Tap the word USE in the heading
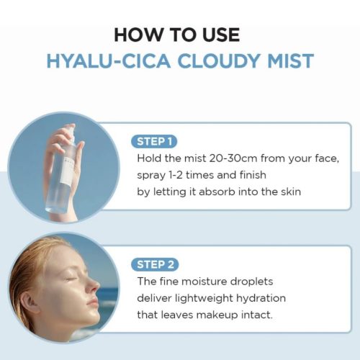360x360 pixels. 221,35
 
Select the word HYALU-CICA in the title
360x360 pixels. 109,60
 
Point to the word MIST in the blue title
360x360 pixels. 291,60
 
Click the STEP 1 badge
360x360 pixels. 154,142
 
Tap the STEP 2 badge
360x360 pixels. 155,265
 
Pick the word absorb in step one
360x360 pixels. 217,192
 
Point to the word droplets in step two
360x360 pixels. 251,282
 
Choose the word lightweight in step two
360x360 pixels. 204,299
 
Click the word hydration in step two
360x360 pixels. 261,298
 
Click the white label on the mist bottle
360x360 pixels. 66,172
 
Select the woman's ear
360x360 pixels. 31,301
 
